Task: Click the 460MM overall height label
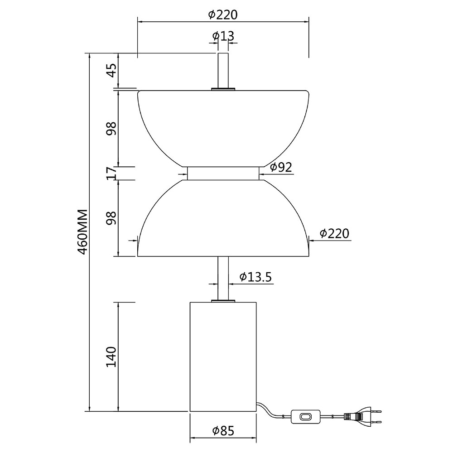tap(83, 231)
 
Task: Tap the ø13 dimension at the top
tap(223, 36)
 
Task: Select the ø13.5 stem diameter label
tap(255, 277)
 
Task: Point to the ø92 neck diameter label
tap(281, 167)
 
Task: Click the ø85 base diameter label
tap(223, 431)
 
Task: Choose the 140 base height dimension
tap(111, 357)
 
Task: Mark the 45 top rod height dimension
tap(111, 70)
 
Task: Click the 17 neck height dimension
tap(111, 173)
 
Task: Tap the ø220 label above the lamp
tap(223, 14)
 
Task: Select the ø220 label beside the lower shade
tap(335, 233)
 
